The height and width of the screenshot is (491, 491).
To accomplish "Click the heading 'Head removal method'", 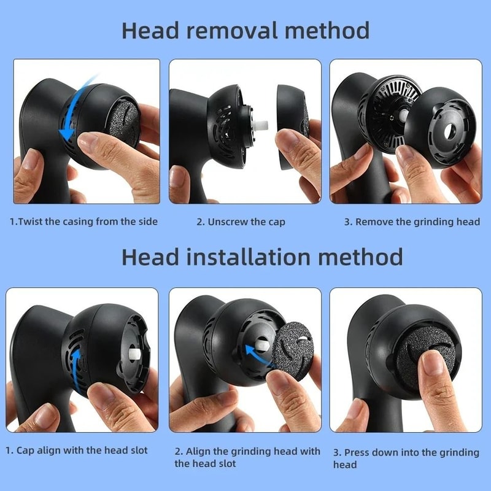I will (245, 30).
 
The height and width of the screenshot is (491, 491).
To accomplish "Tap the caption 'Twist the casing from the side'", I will (83, 222).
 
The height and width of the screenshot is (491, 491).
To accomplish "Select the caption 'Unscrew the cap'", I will (241, 222).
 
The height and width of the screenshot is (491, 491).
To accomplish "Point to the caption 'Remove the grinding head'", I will (412, 222).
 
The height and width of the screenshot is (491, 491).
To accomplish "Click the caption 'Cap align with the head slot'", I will (77, 450).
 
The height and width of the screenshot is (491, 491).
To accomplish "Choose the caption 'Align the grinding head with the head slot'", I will (247, 457).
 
